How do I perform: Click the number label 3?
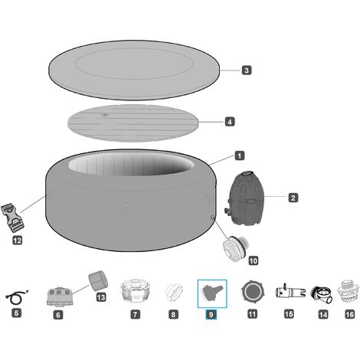(x=246, y=70)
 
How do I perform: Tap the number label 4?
(x=230, y=121)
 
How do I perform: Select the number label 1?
(x=240, y=155)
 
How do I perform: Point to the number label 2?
(x=293, y=198)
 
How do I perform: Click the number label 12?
(x=18, y=240)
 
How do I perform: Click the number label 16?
(x=349, y=314)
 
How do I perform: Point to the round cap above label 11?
(x=252, y=292)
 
